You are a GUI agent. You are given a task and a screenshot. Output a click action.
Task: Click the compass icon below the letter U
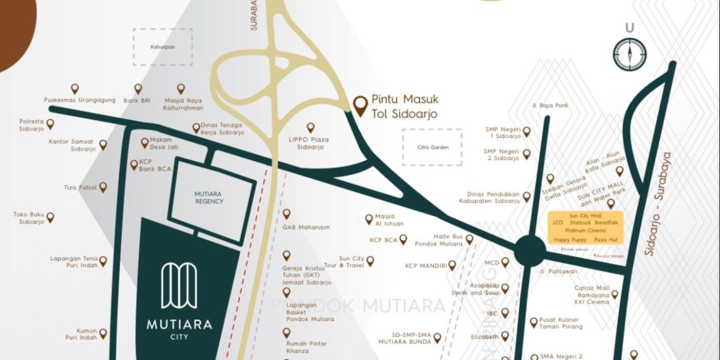coord(629,54)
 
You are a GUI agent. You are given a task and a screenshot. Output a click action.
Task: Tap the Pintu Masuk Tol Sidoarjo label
coord(404,107)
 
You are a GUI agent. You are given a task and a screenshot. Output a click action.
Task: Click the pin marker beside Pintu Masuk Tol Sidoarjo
coord(361,105)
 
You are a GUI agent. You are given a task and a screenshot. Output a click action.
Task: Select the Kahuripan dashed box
coord(162,47)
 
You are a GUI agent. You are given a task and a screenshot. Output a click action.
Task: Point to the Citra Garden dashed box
coord(432,147)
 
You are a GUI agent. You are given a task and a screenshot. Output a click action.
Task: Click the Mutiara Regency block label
coord(208,197)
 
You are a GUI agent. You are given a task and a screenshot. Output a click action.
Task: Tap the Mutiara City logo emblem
coord(179,285)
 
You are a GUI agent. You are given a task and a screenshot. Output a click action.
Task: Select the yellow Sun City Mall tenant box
coord(585,228)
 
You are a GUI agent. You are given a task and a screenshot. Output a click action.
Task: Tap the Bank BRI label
coord(137,100)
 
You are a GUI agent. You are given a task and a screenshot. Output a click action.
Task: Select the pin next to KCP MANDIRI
coord(452,265)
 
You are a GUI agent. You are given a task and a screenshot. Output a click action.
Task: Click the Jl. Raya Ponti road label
coord(549,105)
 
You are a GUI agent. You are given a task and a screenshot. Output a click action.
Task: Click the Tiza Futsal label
coord(80,188)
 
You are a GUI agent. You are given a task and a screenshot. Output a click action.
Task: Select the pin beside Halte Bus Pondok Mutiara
coord(469,239)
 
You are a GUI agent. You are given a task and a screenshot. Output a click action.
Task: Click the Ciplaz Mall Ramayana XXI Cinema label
coord(591,295)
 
